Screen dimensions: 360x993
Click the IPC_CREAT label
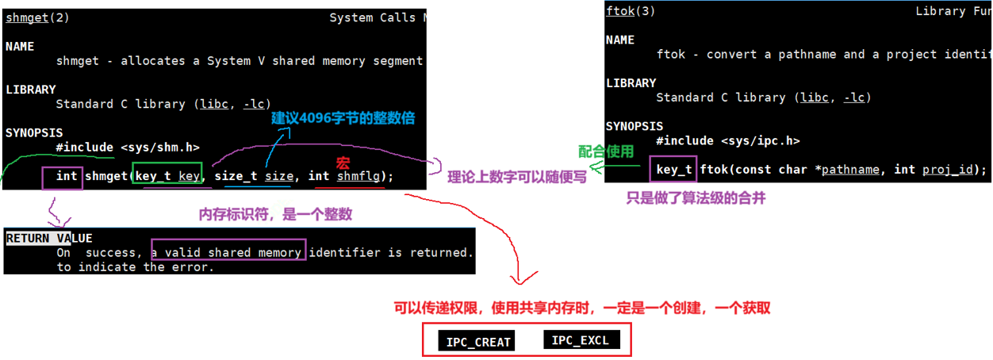point(475,343)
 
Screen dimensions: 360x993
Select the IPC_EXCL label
point(580,340)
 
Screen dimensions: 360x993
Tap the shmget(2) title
point(37,17)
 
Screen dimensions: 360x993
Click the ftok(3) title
point(630,11)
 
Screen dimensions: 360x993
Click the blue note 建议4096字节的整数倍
point(343,118)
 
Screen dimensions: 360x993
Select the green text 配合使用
point(606,151)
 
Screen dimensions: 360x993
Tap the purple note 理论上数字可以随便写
point(517,177)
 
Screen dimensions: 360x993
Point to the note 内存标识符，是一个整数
point(274,215)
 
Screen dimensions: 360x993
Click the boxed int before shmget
point(67,176)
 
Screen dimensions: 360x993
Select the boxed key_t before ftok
point(674,170)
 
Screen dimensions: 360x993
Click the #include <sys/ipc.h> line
point(727,140)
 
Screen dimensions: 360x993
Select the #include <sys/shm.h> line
point(128,147)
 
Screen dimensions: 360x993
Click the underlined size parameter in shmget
point(278,176)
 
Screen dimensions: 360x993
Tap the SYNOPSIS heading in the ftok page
point(634,126)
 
